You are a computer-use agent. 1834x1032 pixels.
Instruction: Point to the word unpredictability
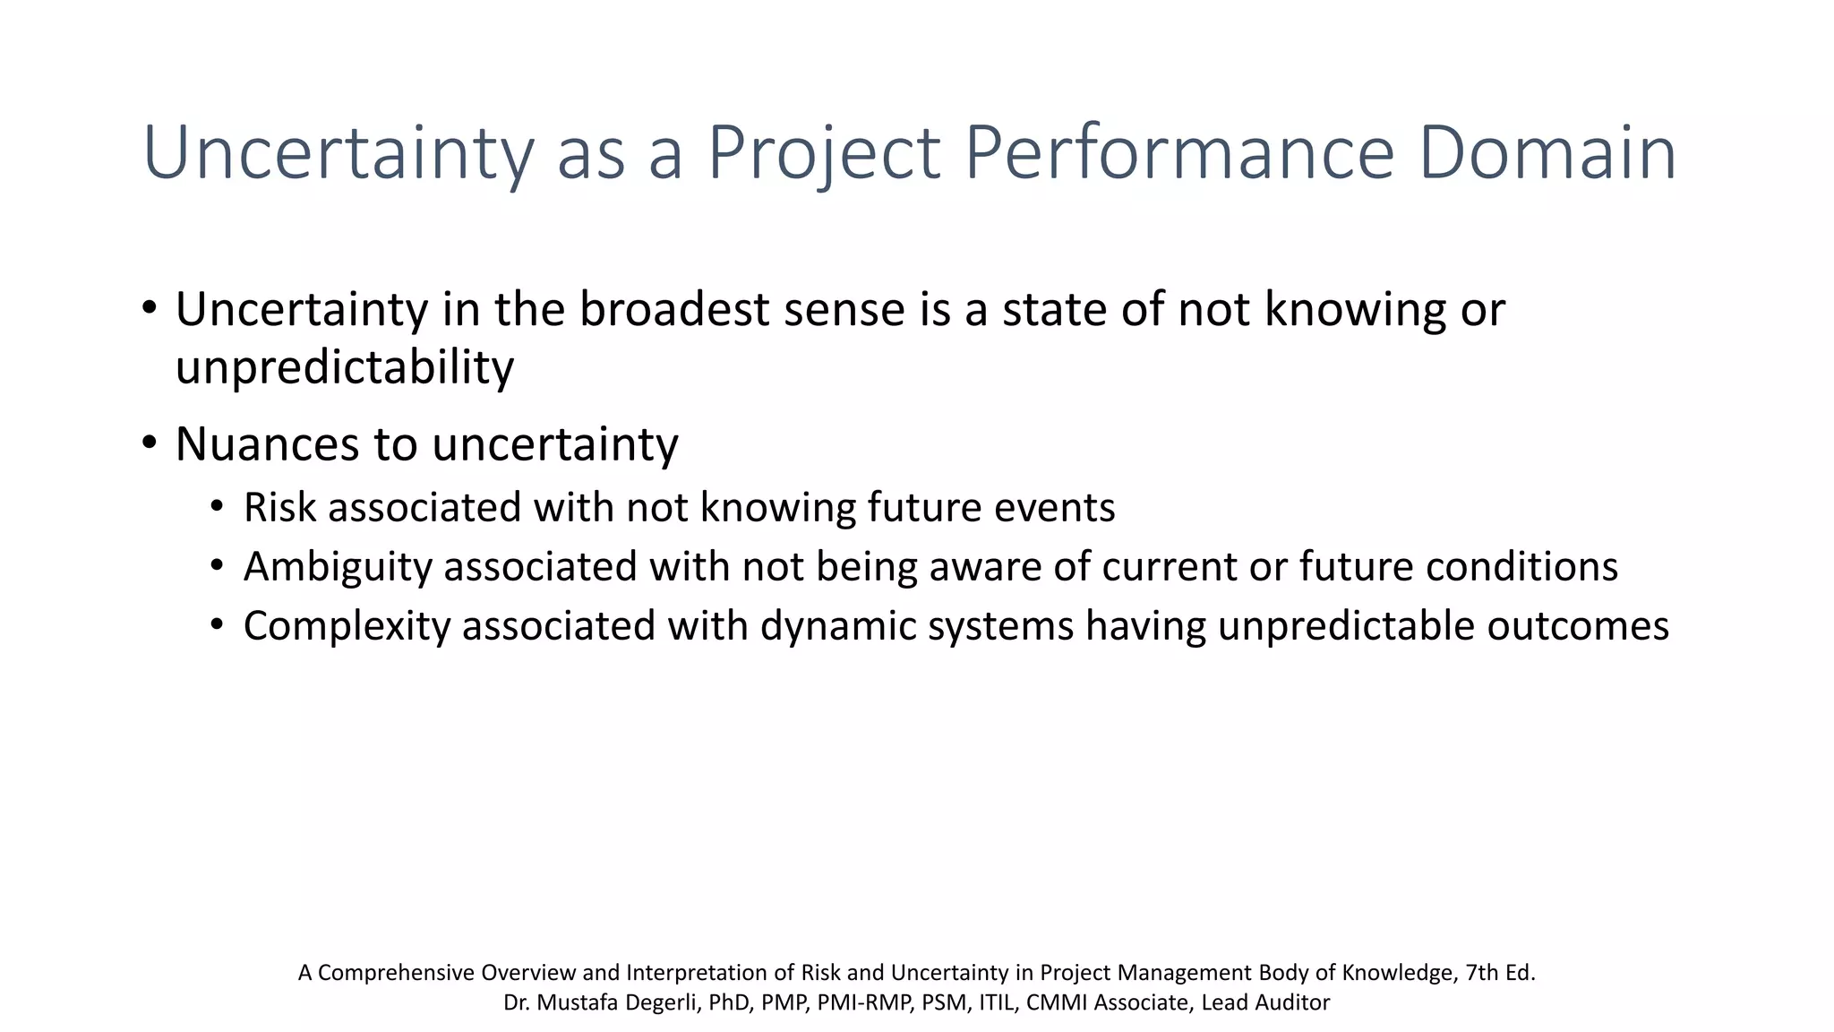pyautogui.click(x=345, y=368)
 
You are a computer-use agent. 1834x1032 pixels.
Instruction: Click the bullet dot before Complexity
pyautogui.click(x=216, y=624)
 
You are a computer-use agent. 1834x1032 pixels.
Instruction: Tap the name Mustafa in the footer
pyautogui.click(x=577, y=1002)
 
